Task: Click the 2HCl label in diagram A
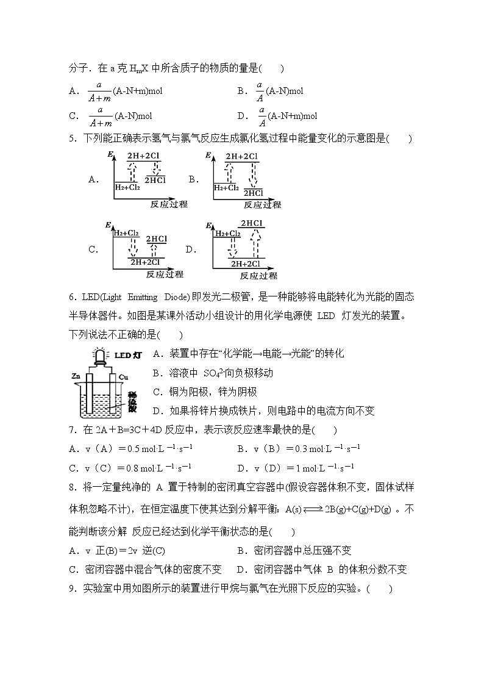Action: pos(155,180)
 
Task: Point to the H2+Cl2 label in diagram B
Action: pos(226,188)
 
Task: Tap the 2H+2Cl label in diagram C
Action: pos(144,263)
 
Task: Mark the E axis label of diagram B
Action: pos(208,156)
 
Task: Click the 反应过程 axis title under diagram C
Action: pos(166,274)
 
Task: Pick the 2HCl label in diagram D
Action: pos(252,223)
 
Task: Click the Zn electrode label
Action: pos(76,376)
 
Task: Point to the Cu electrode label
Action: pos(123,377)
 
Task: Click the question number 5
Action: pos(73,139)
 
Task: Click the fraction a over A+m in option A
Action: pos(99,91)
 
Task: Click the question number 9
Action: pos(73,589)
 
